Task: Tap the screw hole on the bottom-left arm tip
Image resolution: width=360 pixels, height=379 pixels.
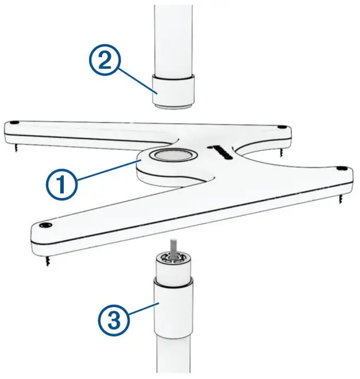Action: click(43, 226)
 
